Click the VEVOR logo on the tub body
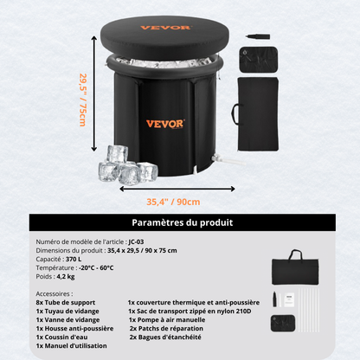pyautogui.click(x=164, y=123)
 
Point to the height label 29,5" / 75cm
pyautogui.click(x=83, y=99)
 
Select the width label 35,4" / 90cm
pyautogui.click(x=173, y=202)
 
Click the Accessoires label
pyautogui.click(x=55, y=294)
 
